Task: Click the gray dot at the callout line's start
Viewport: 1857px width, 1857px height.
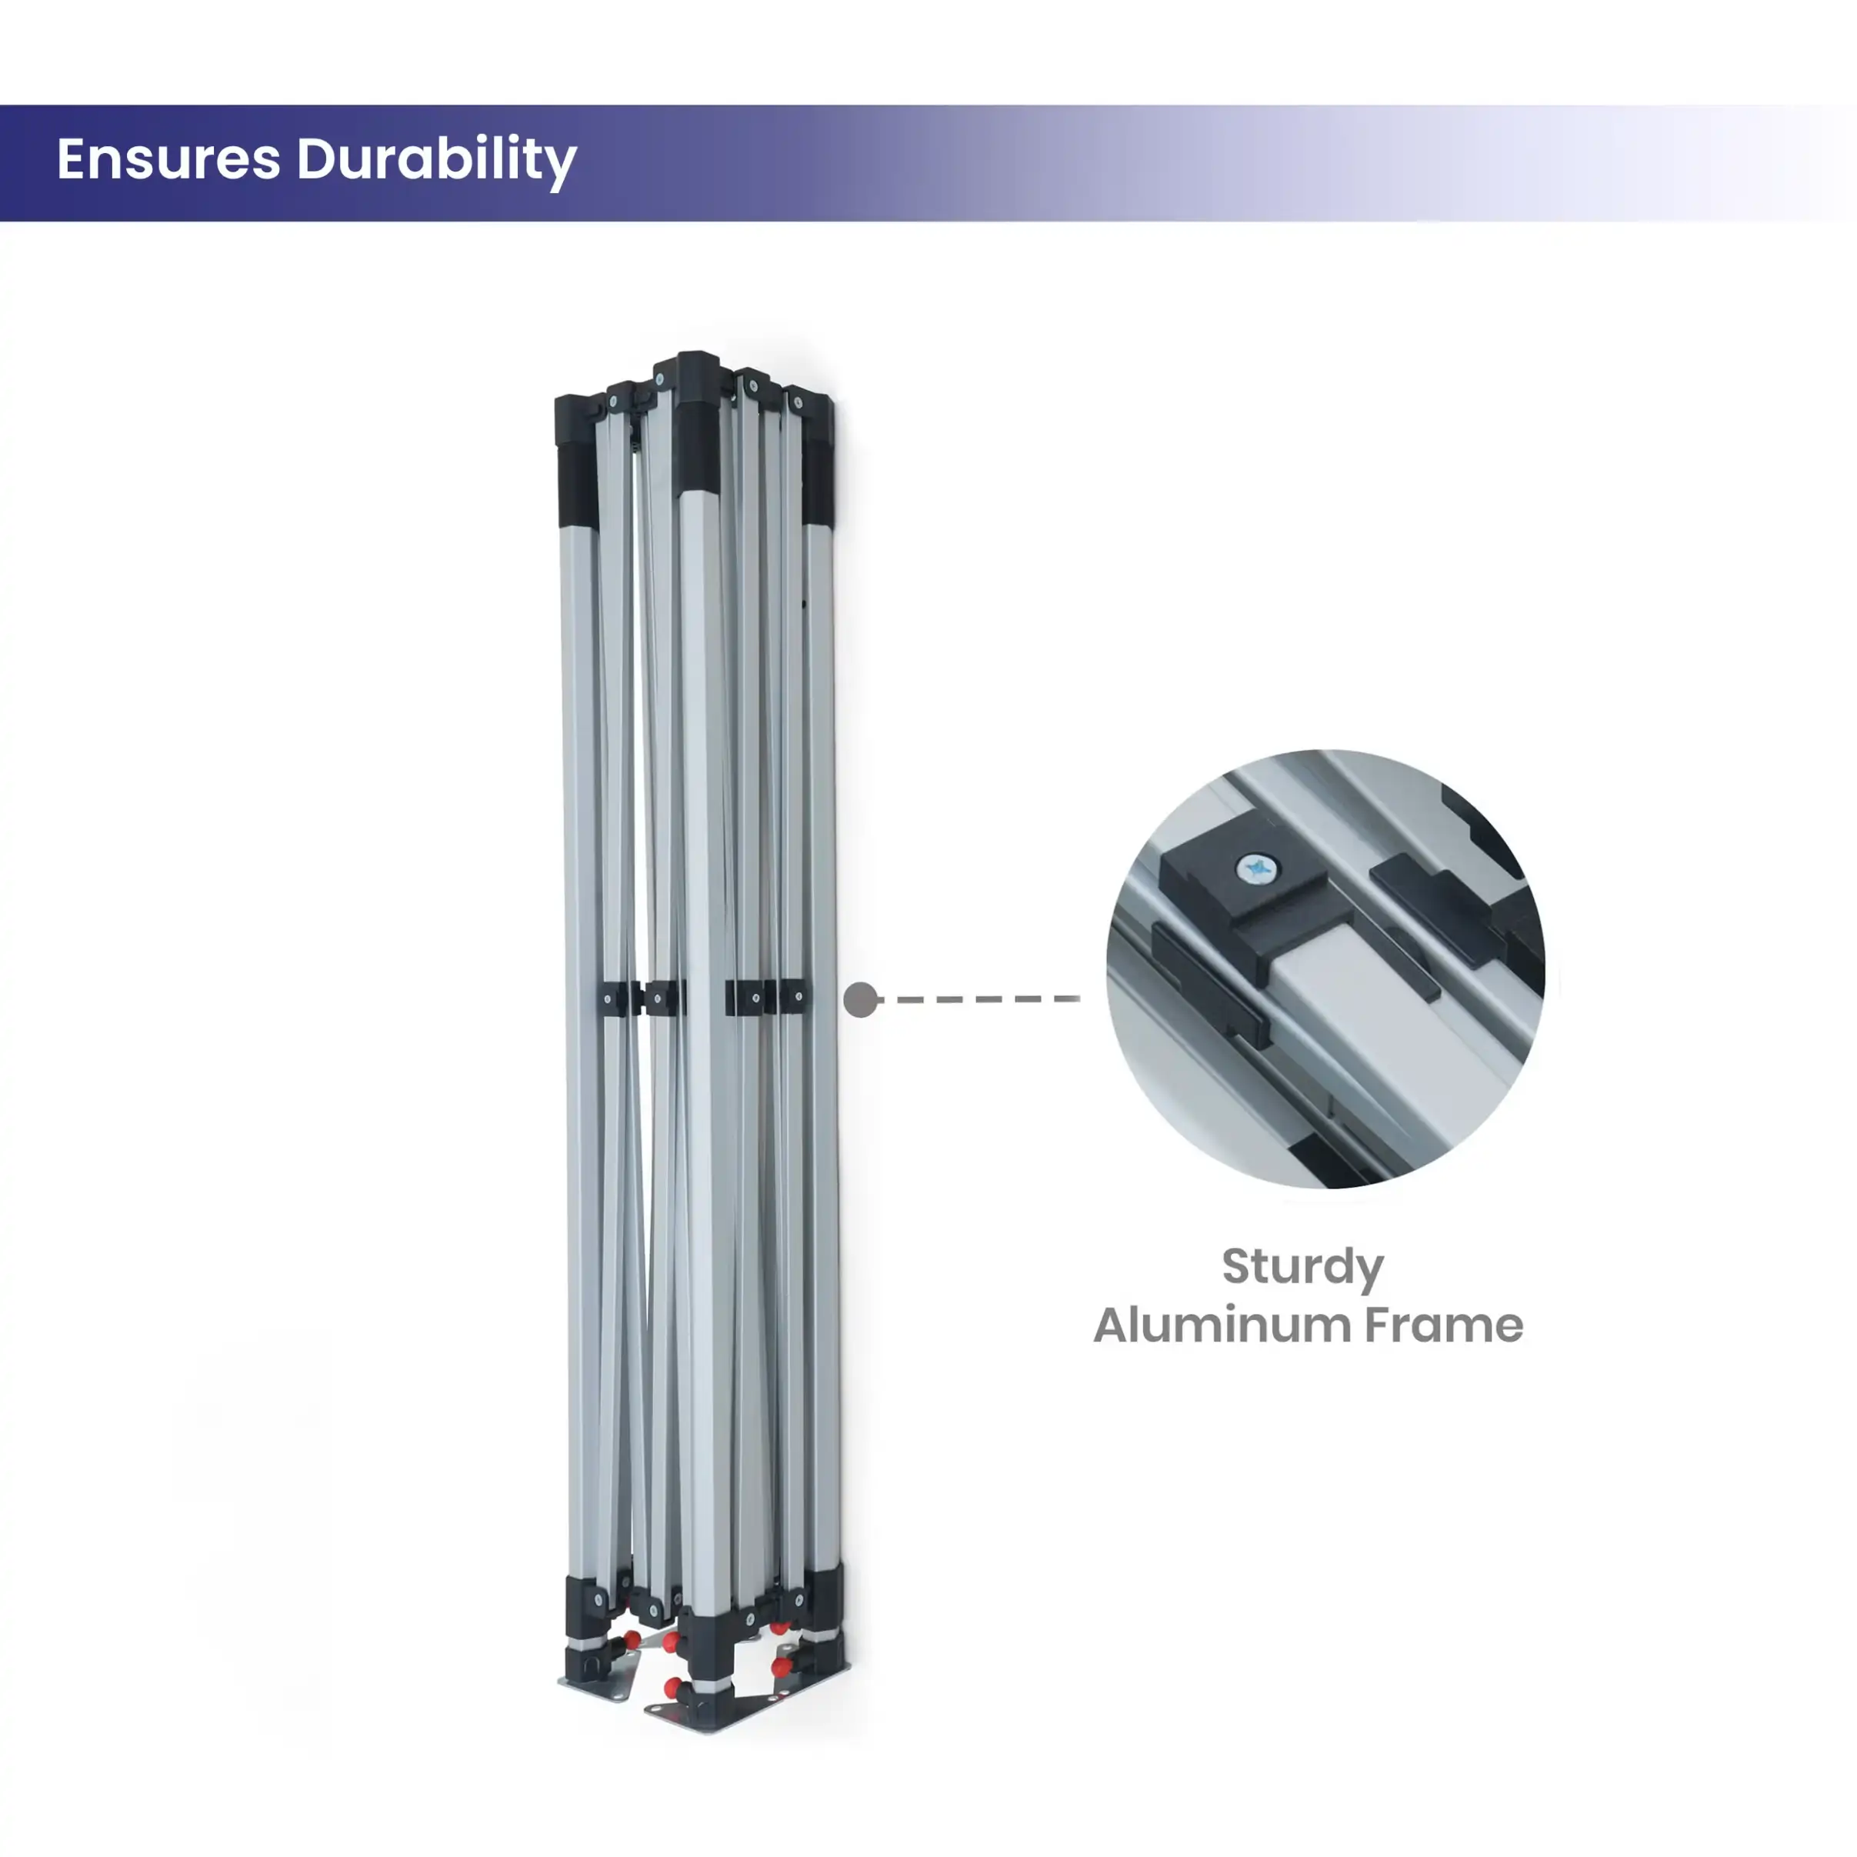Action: point(860,999)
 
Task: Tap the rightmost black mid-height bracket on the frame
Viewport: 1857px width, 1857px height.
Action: point(793,997)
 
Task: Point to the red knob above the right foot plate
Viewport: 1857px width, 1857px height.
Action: point(782,1665)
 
